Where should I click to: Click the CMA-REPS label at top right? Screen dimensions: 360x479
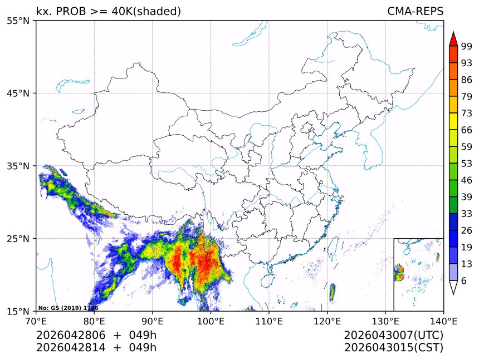click(x=415, y=11)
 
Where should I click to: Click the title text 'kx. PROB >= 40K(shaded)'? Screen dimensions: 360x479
click(x=109, y=11)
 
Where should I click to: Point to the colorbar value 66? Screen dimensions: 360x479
click(x=467, y=130)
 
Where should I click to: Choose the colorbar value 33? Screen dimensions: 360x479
click(x=467, y=214)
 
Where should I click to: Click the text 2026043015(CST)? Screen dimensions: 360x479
click(x=393, y=348)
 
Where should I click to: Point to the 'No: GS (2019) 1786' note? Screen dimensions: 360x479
click(x=68, y=308)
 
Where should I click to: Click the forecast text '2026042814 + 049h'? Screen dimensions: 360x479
click(x=96, y=348)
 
